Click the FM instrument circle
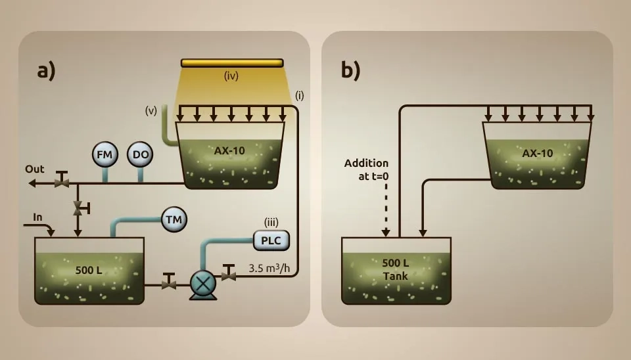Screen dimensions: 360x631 105,155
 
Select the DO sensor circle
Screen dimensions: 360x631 139,155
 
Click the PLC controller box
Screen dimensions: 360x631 271,240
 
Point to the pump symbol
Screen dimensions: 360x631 202,284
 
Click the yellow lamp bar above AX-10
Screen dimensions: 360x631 232,63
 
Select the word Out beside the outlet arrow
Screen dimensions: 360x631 35,169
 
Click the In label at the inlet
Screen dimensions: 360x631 37,217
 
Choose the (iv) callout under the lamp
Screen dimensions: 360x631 231,76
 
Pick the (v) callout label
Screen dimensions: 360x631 151,110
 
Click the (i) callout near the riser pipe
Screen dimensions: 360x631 299,95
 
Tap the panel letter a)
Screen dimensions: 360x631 46,70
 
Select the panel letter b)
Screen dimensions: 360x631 350,70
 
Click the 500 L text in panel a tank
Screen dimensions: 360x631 88,270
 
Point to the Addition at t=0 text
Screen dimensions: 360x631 366,168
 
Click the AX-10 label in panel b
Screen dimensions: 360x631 538,153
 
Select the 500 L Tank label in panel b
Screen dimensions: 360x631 396,269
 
